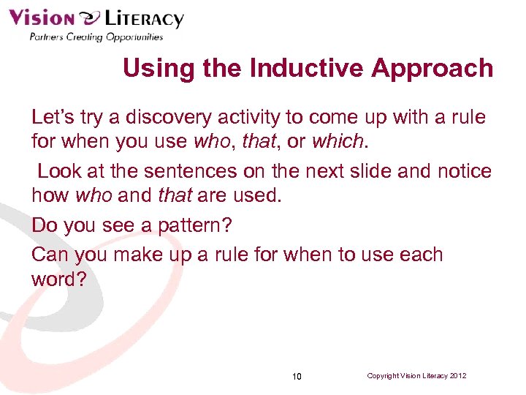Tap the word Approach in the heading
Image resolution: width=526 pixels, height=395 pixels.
pos(432,68)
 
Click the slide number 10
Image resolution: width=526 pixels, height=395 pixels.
pos(297,377)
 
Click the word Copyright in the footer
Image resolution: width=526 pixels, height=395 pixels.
pos(382,376)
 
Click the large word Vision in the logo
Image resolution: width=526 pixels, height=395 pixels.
pos(42,18)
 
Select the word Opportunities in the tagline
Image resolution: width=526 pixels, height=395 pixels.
pos(133,37)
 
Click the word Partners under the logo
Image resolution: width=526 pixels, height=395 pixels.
pos(46,37)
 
